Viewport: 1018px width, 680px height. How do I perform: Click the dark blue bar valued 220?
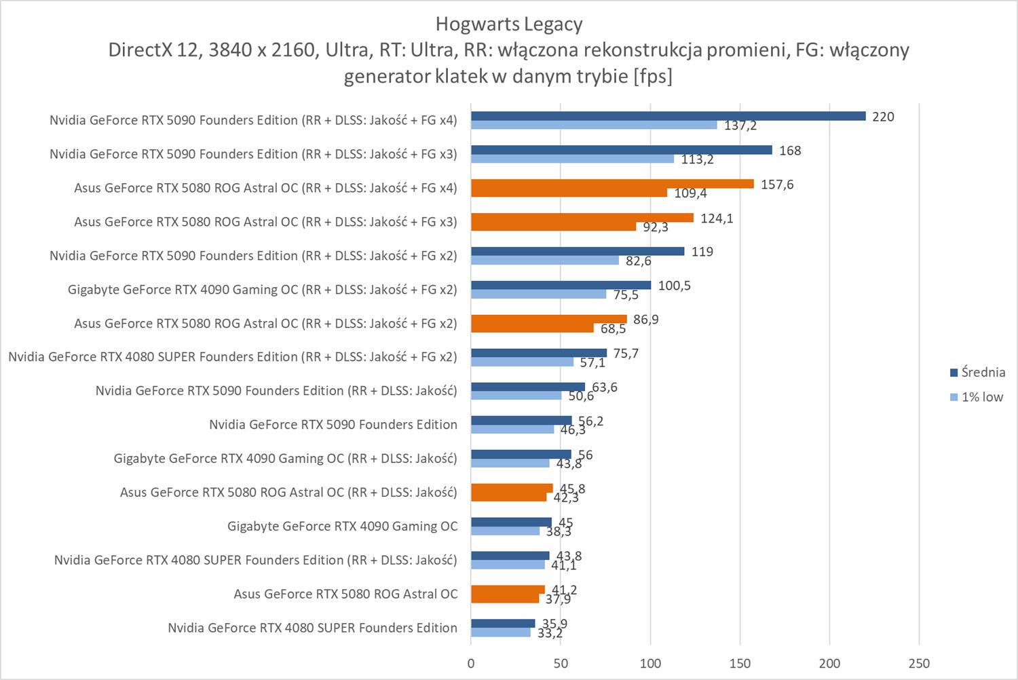coord(668,116)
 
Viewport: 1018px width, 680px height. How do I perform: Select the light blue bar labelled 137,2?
coord(594,125)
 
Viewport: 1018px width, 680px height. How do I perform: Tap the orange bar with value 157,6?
coord(612,184)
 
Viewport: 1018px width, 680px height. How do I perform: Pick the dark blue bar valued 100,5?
coord(561,285)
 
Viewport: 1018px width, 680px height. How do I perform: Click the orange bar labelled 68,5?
coord(532,328)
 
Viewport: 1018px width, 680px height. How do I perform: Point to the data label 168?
coord(790,151)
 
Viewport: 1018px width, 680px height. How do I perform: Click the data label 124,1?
coord(717,219)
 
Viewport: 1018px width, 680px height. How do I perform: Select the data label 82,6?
coord(638,261)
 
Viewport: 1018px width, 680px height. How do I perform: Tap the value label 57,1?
coord(592,363)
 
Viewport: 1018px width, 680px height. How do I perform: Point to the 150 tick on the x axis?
coord(740,663)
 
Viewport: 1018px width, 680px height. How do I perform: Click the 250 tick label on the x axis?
coord(919,663)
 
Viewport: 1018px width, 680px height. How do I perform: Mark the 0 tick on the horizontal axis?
coord(471,663)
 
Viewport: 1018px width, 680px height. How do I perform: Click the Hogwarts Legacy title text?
coord(509,24)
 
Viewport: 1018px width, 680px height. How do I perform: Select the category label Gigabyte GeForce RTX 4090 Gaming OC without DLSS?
coord(342,526)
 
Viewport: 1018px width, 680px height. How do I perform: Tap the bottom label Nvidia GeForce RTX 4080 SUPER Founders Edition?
coord(312,628)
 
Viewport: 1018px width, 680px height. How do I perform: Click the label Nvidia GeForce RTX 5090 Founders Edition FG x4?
coord(253,120)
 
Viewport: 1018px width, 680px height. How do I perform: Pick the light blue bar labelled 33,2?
coord(501,632)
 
